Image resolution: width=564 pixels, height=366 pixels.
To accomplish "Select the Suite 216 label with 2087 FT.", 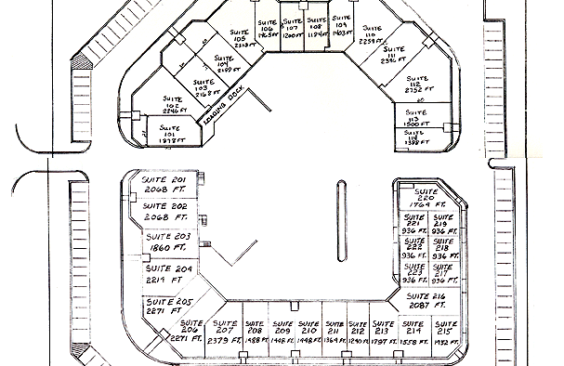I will (x=426, y=300).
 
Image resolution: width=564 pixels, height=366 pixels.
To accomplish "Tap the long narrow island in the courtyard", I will (x=343, y=223).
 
